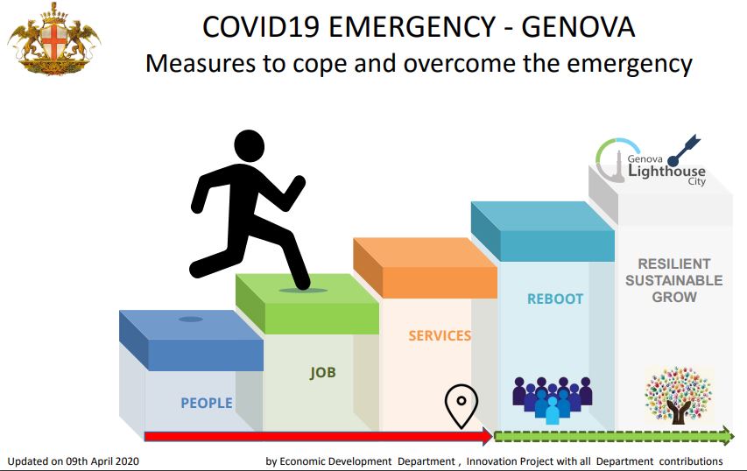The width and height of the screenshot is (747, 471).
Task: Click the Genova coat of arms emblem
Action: point(53,39)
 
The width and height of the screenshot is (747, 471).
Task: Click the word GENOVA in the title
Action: point(578,26)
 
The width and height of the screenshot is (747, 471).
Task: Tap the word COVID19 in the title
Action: point(261,26)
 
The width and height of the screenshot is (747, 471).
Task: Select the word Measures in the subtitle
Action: point(200,63)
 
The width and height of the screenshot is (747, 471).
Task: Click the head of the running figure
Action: point(250,146)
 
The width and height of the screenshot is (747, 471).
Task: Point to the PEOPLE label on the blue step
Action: point(207,404)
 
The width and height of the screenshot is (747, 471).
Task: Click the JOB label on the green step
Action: point(323,372)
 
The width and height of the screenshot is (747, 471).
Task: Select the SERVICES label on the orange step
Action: point(440,336)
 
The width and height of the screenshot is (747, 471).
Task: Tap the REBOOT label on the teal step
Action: point(555,299)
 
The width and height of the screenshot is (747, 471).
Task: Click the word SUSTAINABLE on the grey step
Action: point(674,280)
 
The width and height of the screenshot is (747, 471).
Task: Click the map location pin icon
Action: point(462,406)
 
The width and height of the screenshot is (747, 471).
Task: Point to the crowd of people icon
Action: point(553,400)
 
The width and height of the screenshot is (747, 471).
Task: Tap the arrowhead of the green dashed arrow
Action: point(728,436)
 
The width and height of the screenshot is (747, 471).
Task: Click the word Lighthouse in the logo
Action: point(666,171)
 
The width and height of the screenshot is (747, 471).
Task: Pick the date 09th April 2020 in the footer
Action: point(102,461)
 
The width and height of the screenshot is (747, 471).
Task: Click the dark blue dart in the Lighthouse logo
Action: point(684,150)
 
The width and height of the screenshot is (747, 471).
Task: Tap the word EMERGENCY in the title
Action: point(412,26)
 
